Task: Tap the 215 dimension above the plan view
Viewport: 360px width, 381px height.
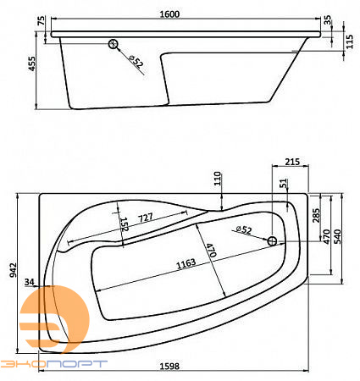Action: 291,162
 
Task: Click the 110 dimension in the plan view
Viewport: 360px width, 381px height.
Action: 217,179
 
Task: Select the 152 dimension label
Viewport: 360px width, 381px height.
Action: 124,225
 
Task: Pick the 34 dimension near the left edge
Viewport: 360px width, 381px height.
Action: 30,282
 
